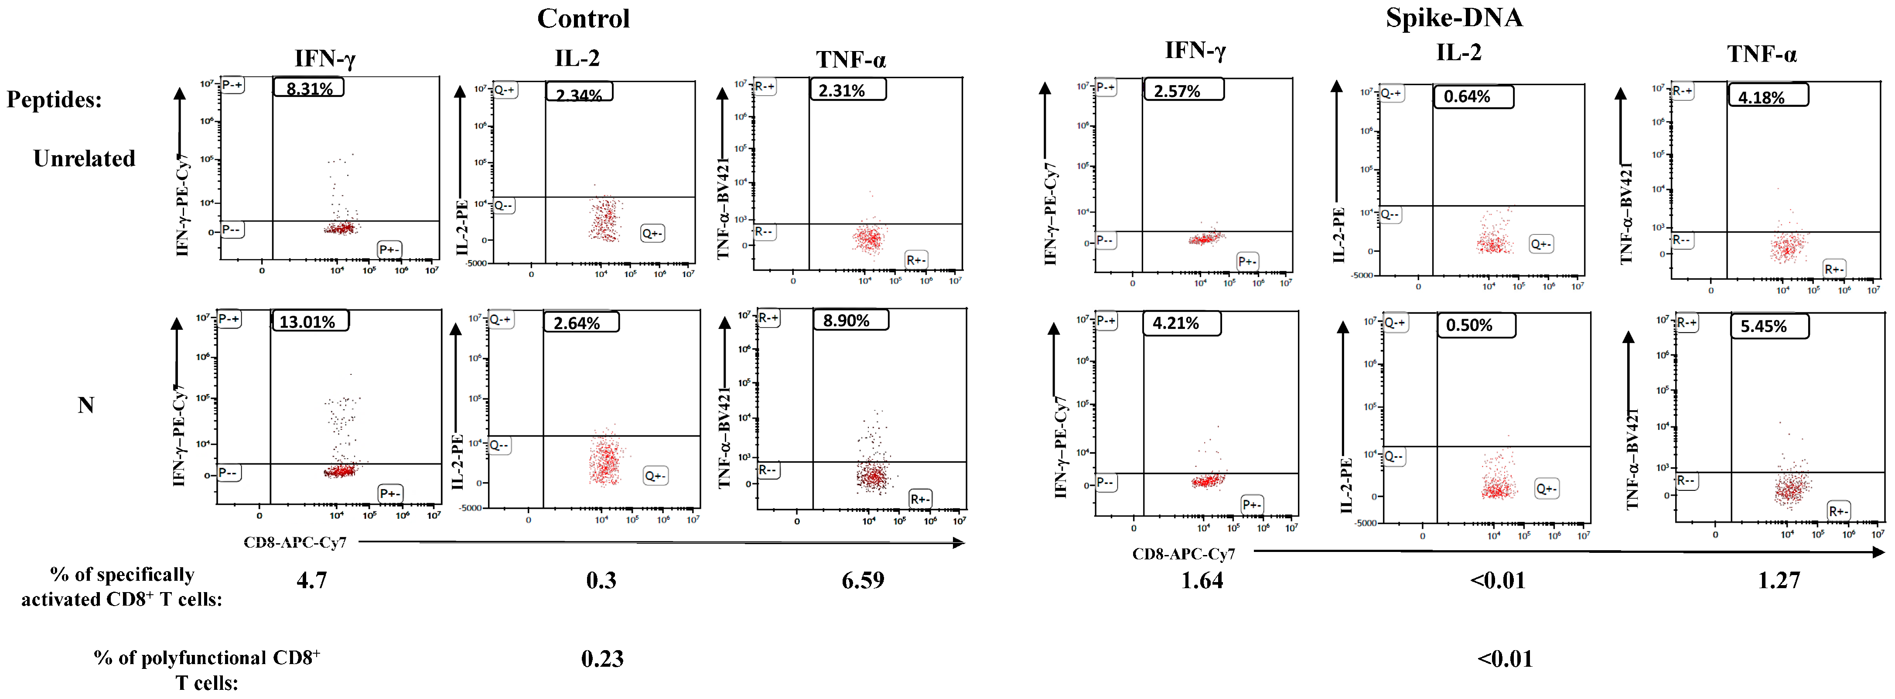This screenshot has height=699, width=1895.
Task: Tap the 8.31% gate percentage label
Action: (x=309, y=88)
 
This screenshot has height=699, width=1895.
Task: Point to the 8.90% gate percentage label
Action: (x=846, y=320)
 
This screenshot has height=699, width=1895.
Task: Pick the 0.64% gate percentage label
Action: (x=1467, y=96)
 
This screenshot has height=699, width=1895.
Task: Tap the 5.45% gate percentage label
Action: (x=1763, y=326)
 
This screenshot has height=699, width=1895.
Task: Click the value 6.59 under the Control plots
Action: (x=863, y=581)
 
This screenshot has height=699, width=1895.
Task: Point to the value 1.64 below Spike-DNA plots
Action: (x=1202, y=581)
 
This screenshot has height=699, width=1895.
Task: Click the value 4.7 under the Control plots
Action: (x=312, y=581)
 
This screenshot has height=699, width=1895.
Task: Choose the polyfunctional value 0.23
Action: (x=602, y=658)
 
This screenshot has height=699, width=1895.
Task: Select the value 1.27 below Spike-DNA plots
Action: (x=1779, y=581)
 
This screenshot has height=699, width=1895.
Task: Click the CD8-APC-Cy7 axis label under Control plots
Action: (x=295, y=542)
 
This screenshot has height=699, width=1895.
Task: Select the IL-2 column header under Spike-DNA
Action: (x=1459, y=52)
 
